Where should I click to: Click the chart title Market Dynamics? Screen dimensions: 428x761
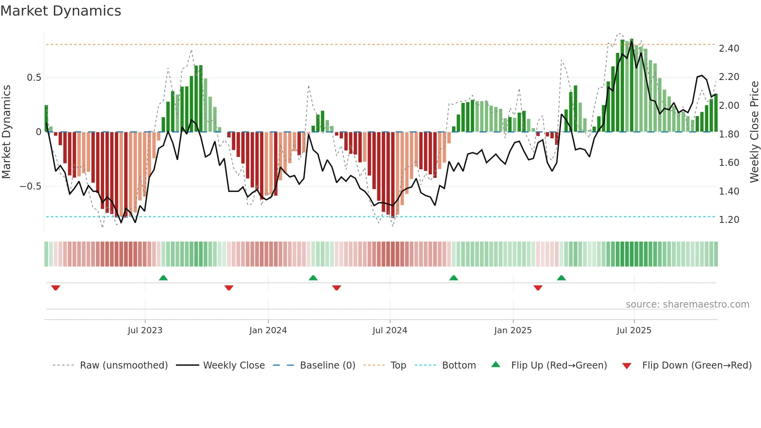click(61, 11)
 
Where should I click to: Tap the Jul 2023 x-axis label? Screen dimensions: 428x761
click(145, 331)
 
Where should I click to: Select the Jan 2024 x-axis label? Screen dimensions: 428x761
click(268, 331)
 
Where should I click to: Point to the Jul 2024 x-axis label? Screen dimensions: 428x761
click(390, 331)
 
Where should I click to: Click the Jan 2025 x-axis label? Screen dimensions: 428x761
click(513, 331)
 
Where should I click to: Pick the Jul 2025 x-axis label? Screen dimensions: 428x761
click(634, 331)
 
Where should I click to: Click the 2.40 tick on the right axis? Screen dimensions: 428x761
click(729, 49)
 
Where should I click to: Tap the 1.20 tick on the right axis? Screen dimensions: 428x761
click(729, 220)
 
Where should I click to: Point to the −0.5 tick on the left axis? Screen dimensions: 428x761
click(30, 186)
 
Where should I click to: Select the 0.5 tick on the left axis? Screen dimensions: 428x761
click(34, 78)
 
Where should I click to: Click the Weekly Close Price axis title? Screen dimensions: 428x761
click(754, 132)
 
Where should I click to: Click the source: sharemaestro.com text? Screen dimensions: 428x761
click(687, 304)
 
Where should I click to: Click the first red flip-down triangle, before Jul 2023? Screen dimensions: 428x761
click(56, 288)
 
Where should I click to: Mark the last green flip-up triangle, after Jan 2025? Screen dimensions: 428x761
click(561, 278)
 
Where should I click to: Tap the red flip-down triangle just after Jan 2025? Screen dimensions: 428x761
click(538, 288)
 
